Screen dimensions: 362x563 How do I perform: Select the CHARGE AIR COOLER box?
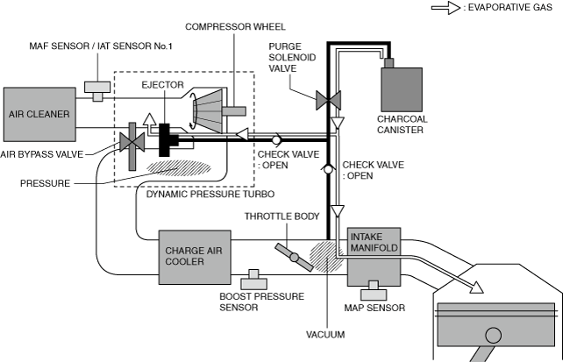187,253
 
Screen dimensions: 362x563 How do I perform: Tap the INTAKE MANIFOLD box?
374,242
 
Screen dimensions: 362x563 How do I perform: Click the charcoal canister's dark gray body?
407,91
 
